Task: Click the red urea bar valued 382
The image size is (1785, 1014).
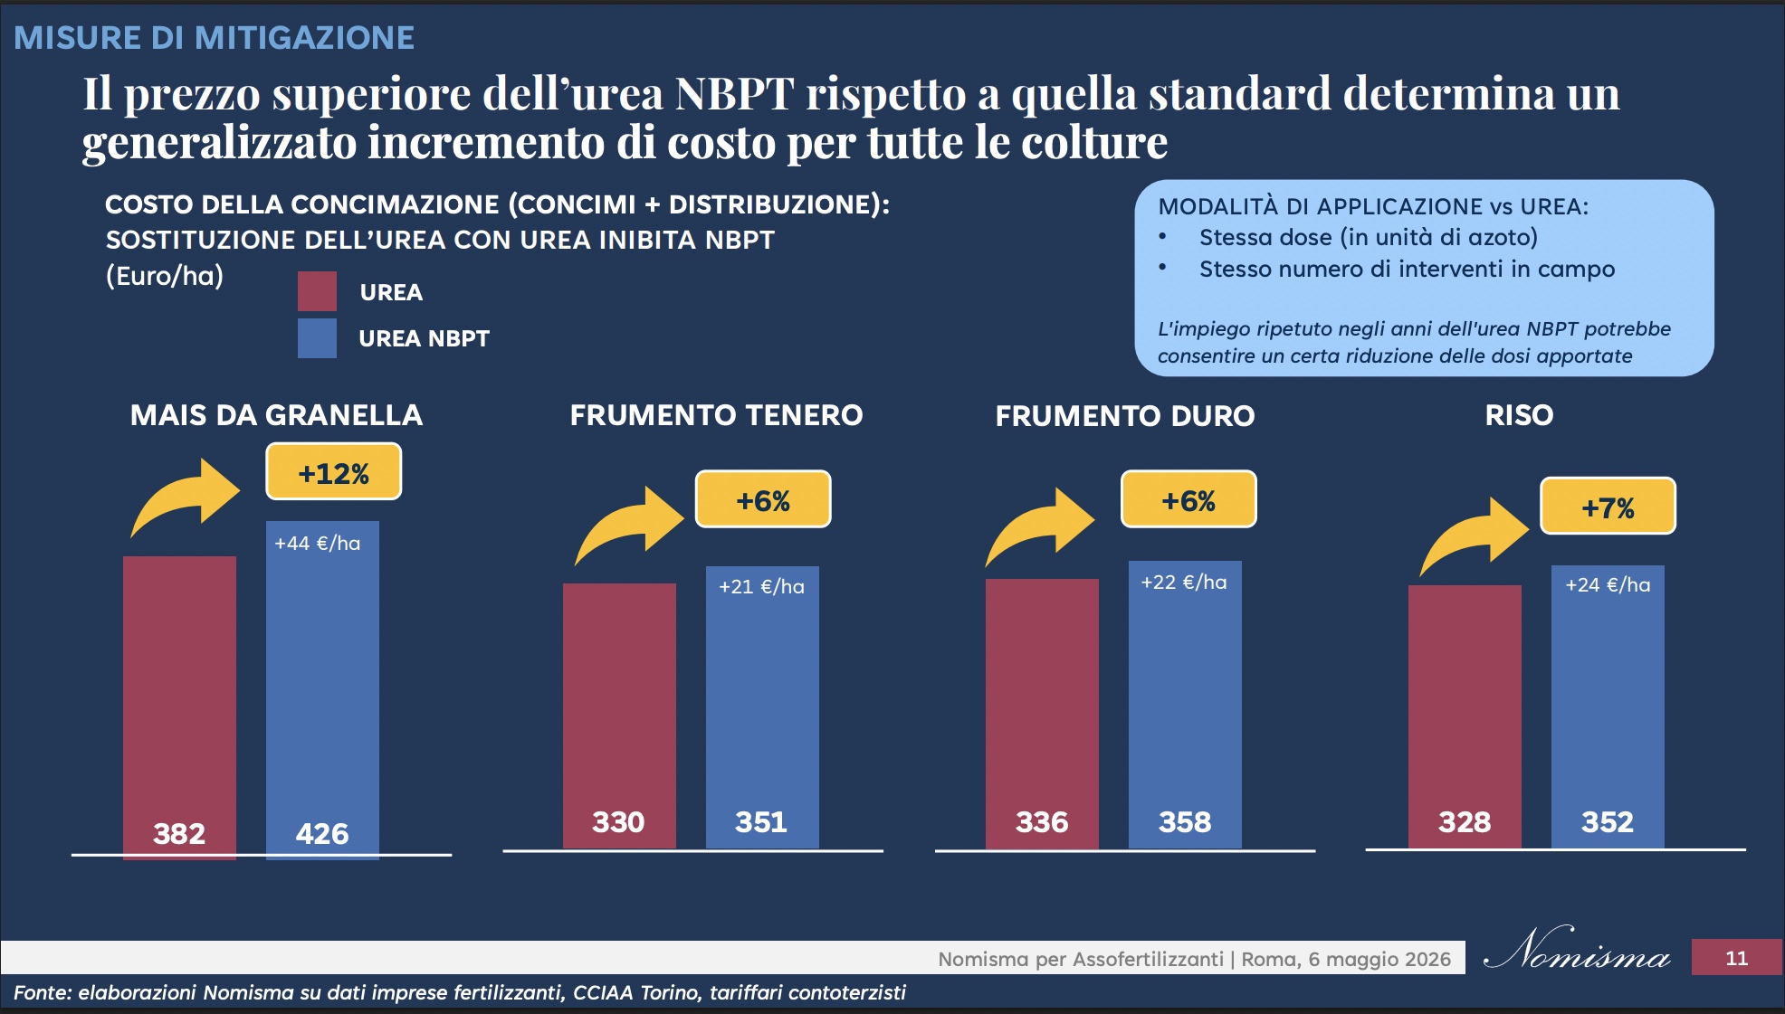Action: (x=179, y=707)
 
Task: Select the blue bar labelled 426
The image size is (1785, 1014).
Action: (x=322, y=690)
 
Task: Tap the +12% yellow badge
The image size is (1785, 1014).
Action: (x=333, y=471)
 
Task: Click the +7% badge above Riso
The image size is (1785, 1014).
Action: (x=1608, y=506)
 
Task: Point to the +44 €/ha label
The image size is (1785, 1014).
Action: (x=318, y=543)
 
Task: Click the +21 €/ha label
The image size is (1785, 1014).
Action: (x=761, y=586)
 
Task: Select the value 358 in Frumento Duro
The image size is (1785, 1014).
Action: (x=1185, y=821)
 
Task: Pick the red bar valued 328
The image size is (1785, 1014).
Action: (x=1465, y=716)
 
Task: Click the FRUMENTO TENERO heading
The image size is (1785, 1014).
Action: (x=716, y=415)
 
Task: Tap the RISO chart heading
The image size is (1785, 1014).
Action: (x=1519, y=415)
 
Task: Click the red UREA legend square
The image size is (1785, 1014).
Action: (x=317, y=291)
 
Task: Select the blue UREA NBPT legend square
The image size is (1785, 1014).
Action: (x=317, y=338)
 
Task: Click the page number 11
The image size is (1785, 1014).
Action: (x=1736, y=958)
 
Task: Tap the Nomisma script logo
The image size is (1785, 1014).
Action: (x=1578, y=950)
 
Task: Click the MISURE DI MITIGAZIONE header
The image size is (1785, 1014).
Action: (x=214, y=38)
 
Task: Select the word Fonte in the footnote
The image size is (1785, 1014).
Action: (x=41, y=992)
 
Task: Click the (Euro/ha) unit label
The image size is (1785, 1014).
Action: (x=165, y=276)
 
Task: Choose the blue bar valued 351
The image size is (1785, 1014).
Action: (x=762, y=707)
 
